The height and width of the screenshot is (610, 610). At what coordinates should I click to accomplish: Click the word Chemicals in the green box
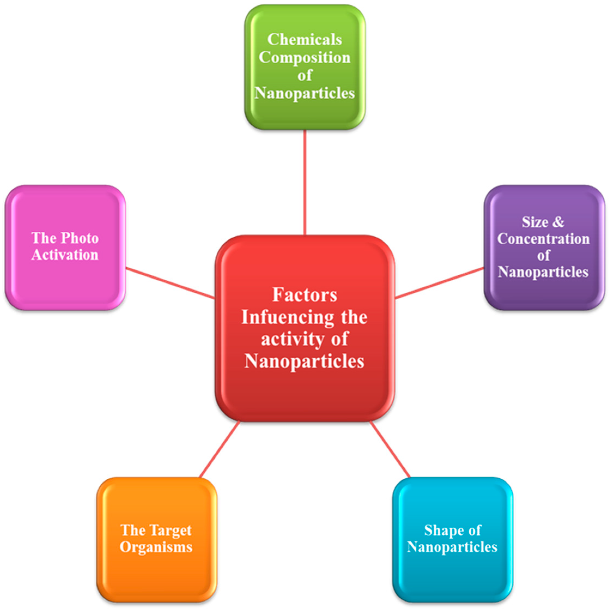click(x=304, y=39)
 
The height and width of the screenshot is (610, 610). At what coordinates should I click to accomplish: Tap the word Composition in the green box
click(x=304, y=57)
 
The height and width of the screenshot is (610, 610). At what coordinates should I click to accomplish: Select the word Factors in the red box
click(x=305, y=295)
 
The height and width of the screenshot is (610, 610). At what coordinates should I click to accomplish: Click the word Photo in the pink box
click(x=80, y=238)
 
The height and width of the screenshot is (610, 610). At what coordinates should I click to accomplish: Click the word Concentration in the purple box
click(x=543, y=239)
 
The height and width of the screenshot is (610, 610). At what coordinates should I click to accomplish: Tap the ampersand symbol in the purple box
click(x=558, y=222)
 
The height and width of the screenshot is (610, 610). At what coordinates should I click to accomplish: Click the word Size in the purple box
click(x=535, y=222)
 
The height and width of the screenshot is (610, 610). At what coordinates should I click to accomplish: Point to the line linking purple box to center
click(x=440, y=283)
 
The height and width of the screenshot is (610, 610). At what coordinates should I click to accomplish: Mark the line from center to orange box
click(x=219, y=449)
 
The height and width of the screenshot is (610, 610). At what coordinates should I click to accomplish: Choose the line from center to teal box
click(x=390, y=449)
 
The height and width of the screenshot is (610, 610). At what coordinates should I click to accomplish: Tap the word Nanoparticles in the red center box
click(x=304, y=361)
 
